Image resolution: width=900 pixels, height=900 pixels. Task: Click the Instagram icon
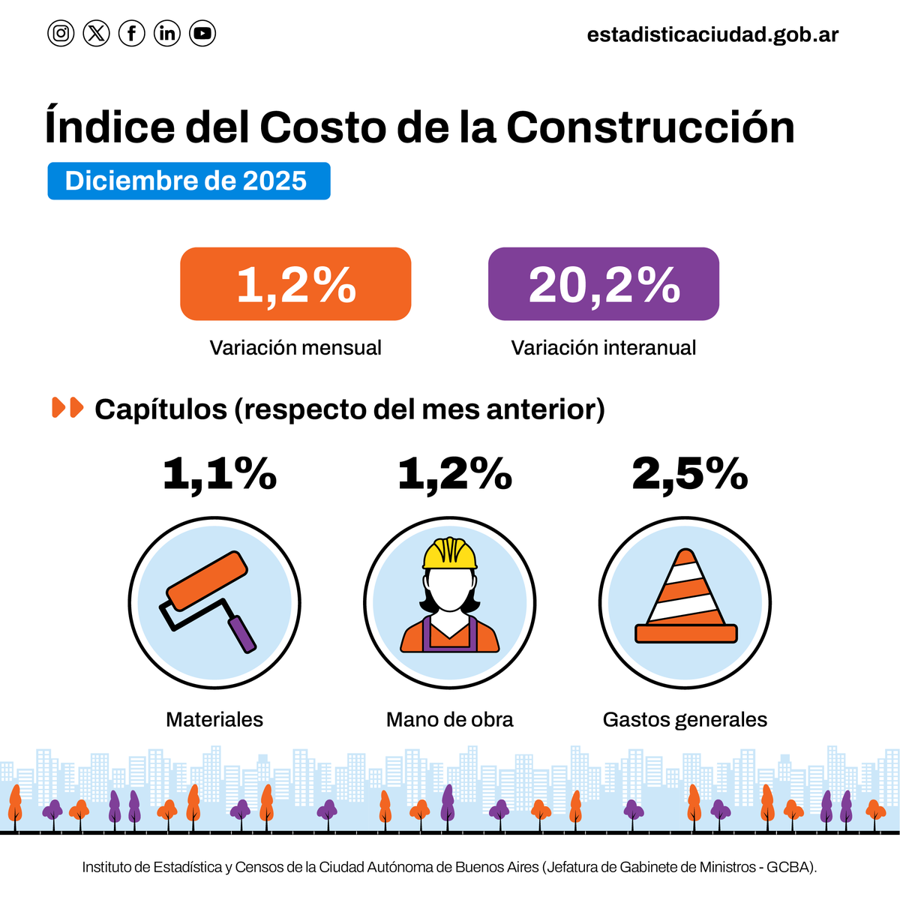point(61,33)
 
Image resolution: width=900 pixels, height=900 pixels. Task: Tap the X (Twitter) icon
point(96,33)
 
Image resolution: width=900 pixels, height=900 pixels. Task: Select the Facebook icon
point(132,33)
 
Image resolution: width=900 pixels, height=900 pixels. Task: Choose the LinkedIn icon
point(167,33)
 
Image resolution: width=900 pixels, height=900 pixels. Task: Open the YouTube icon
point(202,33)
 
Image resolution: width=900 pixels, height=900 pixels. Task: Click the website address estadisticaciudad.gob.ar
point(712,34)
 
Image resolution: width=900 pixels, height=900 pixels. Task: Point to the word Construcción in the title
point(650,127)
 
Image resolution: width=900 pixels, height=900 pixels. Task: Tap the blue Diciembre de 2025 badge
point(188,181)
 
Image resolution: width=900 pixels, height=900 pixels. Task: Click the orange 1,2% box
point(295,284)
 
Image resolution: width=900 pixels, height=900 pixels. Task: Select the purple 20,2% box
point(604,284)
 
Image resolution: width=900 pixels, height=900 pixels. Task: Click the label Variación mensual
point(295,348)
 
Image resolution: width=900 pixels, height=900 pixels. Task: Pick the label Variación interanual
point(604,348)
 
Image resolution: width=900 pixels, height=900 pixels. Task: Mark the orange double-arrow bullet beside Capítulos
point(67,408)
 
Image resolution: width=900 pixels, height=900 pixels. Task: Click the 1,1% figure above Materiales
point(220,474)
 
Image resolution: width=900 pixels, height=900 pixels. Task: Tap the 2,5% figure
point(690,474)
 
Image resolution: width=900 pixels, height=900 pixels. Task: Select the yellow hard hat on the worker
point(450,553)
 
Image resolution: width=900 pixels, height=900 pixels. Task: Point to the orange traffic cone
point(685,600)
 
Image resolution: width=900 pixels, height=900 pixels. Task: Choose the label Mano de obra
point(450,720)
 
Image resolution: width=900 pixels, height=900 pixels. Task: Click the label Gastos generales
point(685,720)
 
